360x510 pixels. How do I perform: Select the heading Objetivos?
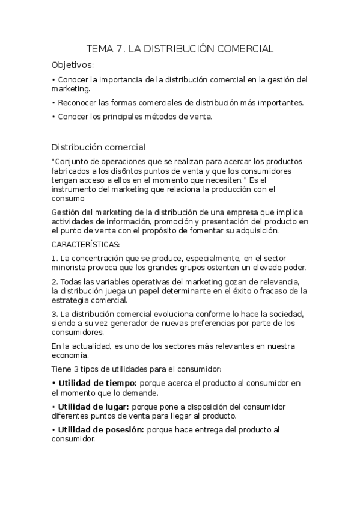click(x=73, y=65)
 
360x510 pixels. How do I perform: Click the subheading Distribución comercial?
click(x=98, y=147)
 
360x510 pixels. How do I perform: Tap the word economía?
click(x=70, y=355)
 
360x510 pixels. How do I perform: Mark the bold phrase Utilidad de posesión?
click(x=100, y=429)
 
